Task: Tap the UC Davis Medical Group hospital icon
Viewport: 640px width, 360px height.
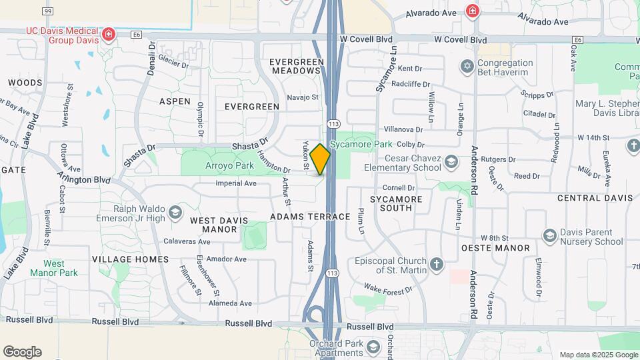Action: [108, 33]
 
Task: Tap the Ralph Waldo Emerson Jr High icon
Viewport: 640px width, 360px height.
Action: [175, 213]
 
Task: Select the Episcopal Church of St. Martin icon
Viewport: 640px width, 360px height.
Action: [437, 265]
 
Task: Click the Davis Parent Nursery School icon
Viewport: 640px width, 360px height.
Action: [549, 235]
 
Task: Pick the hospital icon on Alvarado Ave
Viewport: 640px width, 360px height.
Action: [472, 11]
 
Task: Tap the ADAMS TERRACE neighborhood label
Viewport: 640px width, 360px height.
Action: [310, 217]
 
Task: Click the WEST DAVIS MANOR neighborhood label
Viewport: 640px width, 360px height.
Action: [214, 225]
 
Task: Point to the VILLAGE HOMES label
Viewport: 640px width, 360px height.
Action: [131, 259]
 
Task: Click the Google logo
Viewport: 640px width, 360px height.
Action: [22, 352]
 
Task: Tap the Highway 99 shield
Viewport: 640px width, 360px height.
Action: [47, 11]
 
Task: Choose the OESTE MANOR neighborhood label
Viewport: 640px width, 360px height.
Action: [505, 248]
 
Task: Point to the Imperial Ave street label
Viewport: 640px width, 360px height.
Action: [235, 183]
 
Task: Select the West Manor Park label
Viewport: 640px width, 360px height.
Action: [54, 268]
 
